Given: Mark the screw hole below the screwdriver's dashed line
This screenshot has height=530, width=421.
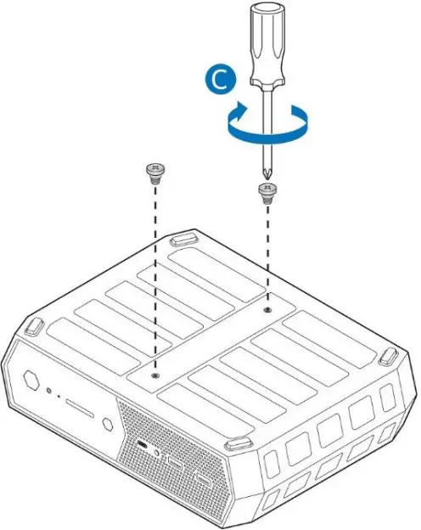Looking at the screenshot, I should click(267, 311).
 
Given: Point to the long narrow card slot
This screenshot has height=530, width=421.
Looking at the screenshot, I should click(80, 410).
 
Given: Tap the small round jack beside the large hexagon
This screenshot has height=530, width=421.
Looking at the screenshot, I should click(51, 392).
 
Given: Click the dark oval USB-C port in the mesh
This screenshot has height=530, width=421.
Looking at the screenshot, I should click(141, 447).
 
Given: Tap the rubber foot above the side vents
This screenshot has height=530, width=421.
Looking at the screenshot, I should click(388, 354).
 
